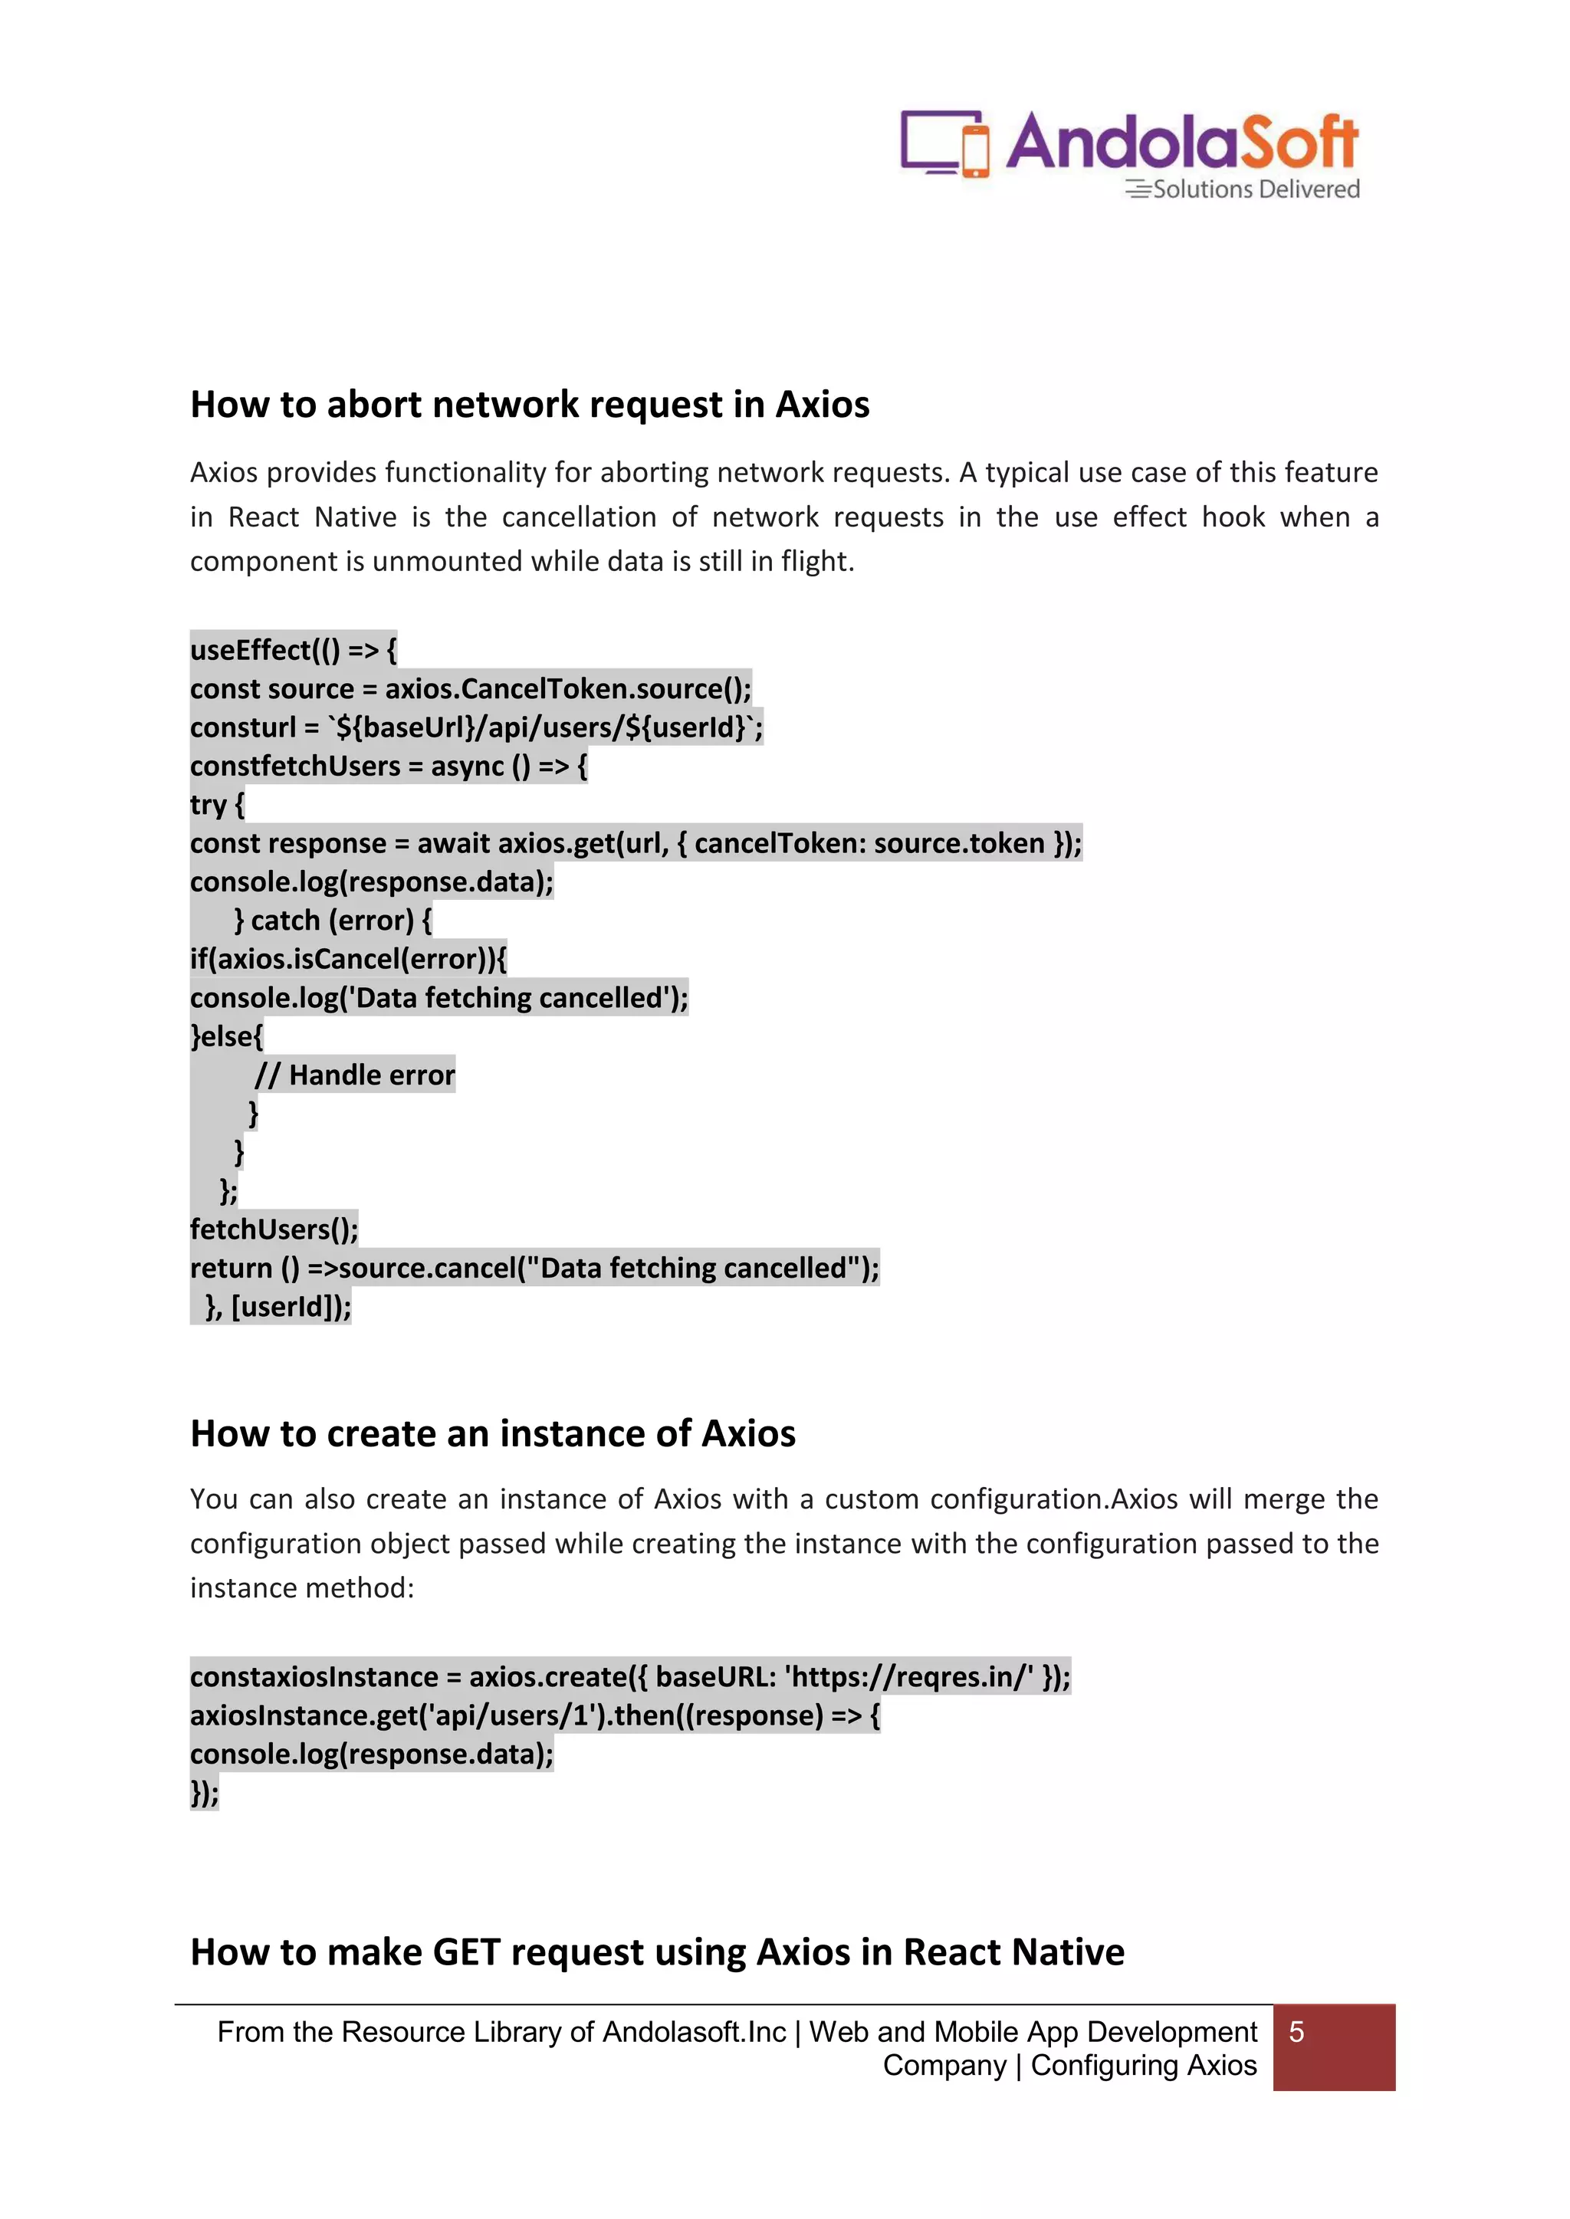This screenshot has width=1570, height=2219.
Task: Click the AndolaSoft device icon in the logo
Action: coord(944,144)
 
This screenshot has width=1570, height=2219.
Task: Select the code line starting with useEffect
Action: coord(293,649)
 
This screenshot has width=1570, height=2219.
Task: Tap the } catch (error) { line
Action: coord(333,920)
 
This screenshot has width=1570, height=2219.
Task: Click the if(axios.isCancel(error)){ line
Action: coord(348,959)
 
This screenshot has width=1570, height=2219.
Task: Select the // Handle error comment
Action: coord(355,1075)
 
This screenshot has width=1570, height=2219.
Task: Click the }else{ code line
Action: coord(226,1036)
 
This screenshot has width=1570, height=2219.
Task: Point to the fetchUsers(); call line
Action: coord(274,1229)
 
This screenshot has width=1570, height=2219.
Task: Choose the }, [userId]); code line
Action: coord(278,1307)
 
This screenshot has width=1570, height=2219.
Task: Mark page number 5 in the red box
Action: coord(1296,2033)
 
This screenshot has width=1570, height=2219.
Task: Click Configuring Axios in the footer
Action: coord(1143,2066)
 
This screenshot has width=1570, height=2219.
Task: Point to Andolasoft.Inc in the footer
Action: coord(694,2033)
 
